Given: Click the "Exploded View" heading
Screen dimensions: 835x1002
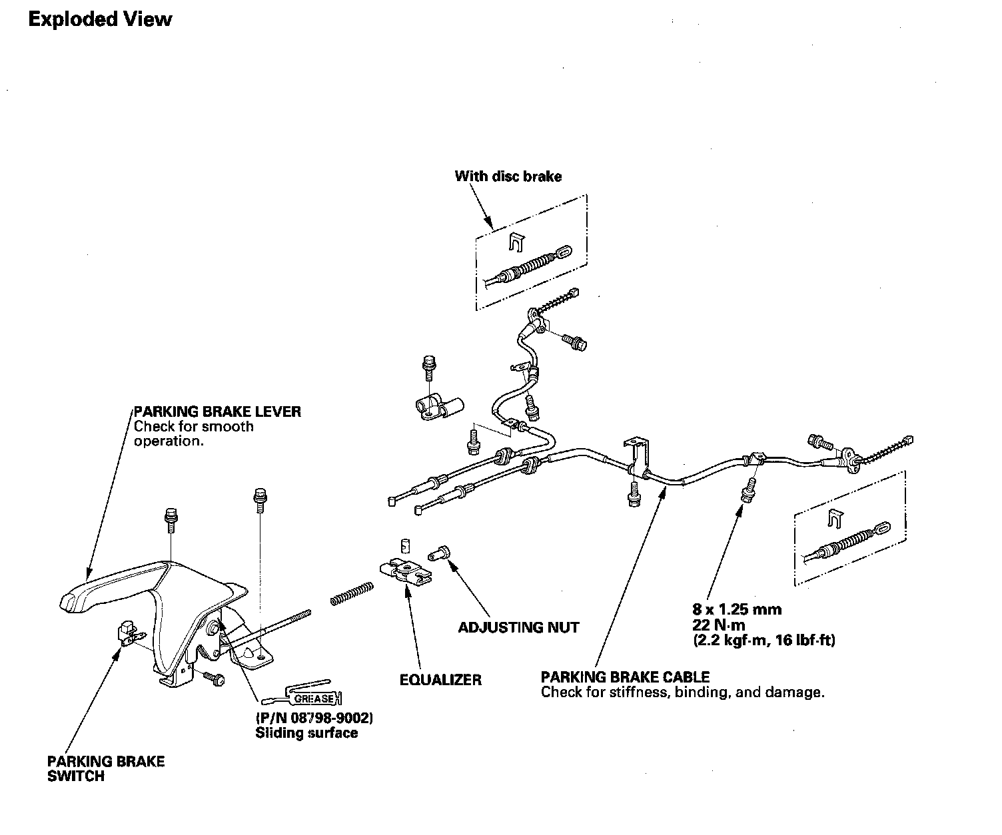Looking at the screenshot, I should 100,19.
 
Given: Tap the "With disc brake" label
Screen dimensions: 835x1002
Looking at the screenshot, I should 508,176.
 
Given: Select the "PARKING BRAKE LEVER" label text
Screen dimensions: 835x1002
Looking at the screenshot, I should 217,412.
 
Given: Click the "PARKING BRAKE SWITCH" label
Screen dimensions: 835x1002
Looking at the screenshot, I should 106,768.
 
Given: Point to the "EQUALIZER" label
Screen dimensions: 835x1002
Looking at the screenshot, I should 440,680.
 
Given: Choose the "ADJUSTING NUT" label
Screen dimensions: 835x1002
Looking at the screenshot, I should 518,627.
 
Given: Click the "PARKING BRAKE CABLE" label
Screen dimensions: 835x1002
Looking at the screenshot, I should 625,677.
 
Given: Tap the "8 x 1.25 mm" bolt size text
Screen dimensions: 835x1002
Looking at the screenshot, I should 737,609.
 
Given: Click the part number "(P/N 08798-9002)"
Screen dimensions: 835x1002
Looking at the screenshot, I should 314,718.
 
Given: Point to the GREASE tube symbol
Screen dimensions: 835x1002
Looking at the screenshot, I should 303,696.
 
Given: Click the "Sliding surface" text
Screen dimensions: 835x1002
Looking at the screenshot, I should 306,733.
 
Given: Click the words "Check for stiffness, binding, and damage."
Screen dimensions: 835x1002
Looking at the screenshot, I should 682,693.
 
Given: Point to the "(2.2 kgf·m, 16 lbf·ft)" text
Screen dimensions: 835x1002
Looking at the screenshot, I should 763,641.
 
